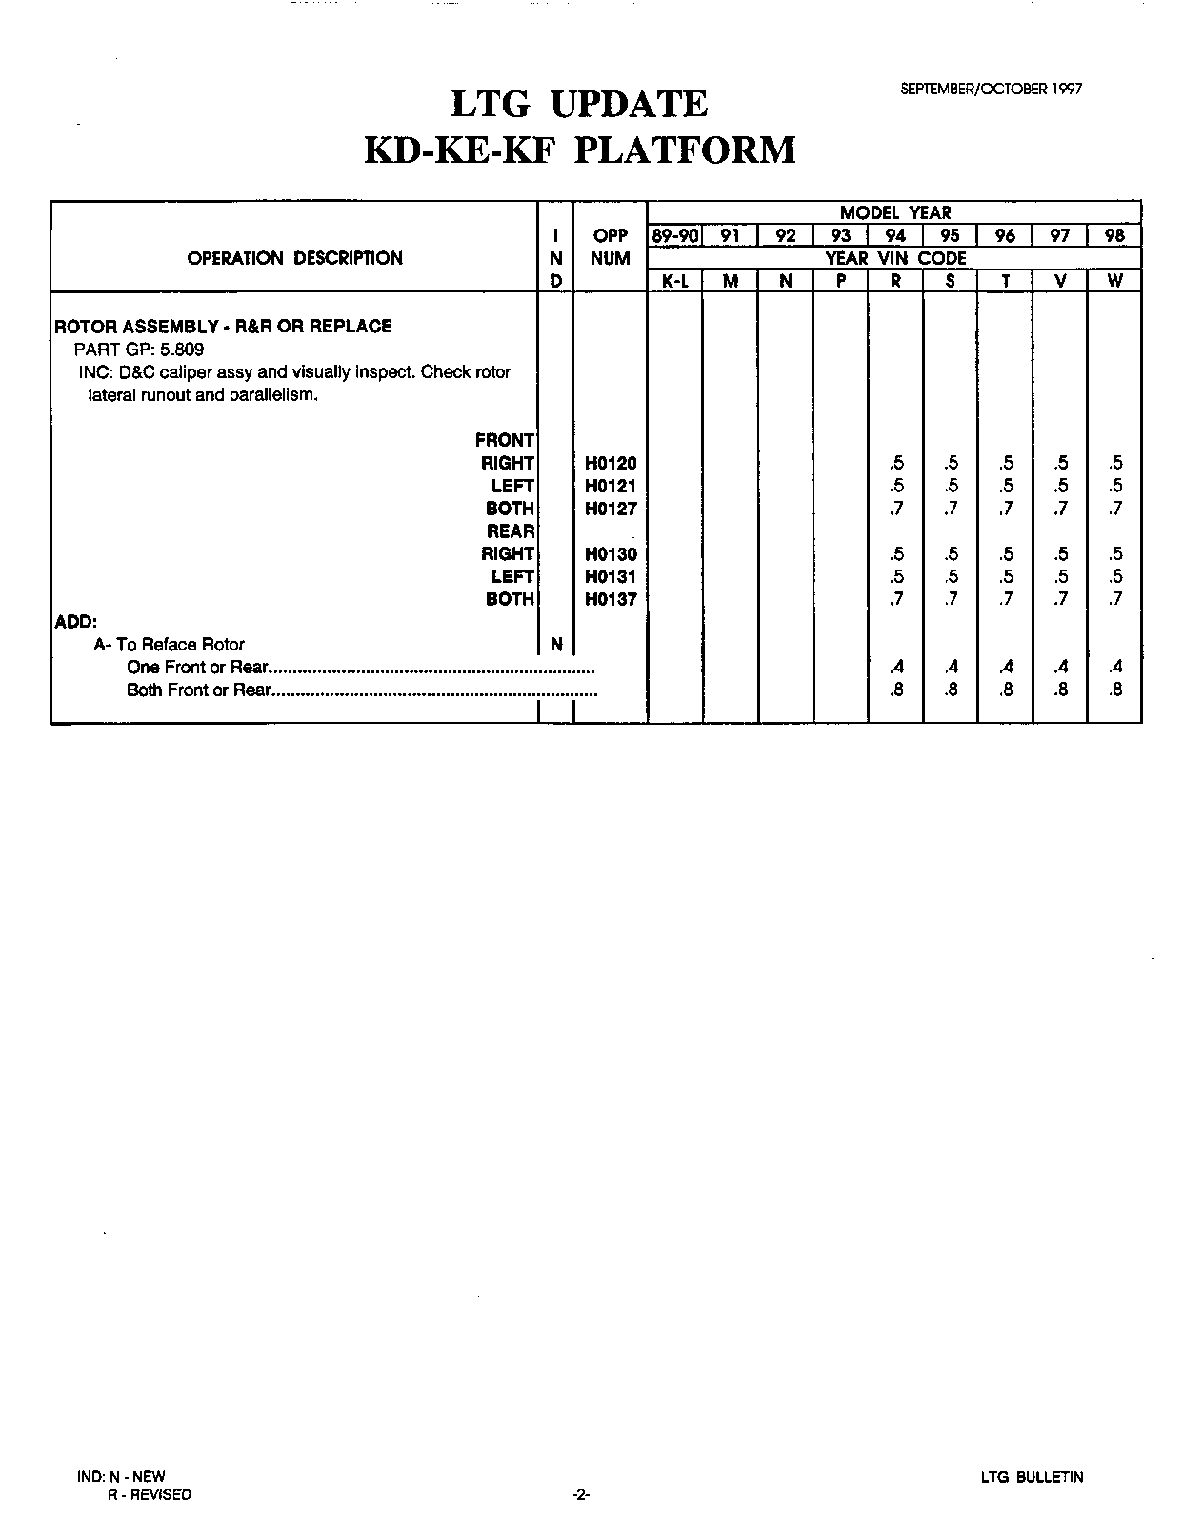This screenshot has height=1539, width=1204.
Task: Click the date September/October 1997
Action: [991, 89]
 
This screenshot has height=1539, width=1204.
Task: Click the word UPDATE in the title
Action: [630, 104]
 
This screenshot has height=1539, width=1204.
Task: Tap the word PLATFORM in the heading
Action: [685, 150]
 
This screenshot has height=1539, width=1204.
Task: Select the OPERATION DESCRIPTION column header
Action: [294, 258]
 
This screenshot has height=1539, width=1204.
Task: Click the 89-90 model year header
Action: [674, 235]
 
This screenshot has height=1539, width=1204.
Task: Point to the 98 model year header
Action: [1114, 235]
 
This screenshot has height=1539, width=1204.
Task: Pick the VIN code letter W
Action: [1114, 282]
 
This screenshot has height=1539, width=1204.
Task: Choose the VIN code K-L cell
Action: [674, 282]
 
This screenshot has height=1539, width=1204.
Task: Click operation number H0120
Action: [611, 464]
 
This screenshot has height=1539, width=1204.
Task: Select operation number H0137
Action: [611, 599]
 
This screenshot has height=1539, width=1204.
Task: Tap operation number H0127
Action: [611, 509]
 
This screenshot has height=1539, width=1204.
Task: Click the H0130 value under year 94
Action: [896, 554]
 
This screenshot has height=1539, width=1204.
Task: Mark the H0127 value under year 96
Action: [1006, 509]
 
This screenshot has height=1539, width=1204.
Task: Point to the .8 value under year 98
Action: [1115, 690]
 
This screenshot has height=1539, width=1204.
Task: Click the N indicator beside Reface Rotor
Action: [556, 645]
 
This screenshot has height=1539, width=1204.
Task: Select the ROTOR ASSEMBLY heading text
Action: [224, 326]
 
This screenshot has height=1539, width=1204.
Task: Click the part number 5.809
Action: [181, 349]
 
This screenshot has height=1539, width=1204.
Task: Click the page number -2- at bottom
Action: [581, 1495]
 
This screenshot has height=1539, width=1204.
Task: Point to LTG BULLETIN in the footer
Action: [1032, 1478]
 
